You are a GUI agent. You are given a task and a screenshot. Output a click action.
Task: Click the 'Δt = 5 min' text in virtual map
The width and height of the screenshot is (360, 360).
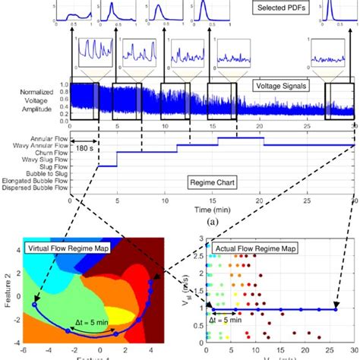[x=94, y=324]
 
